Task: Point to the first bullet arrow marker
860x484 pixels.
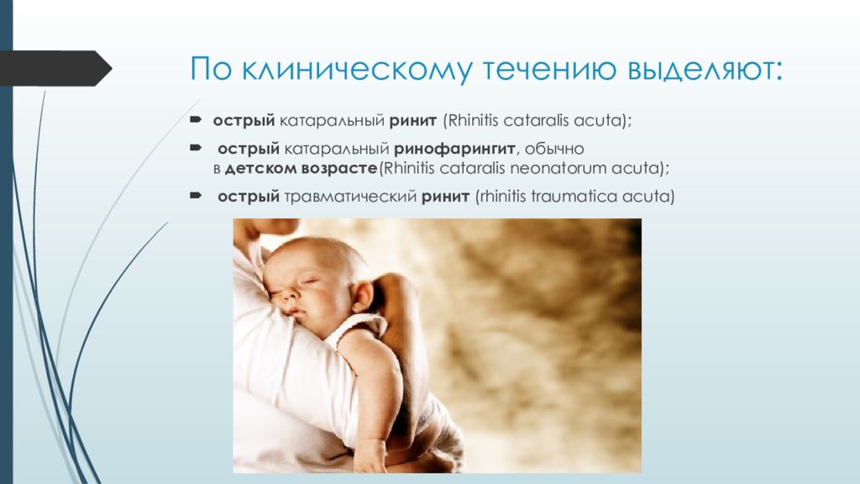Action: [196, 118]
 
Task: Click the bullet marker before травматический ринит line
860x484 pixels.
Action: [196, 195]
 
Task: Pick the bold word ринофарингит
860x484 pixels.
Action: [454, 149]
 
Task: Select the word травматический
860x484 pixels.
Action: [350, 197]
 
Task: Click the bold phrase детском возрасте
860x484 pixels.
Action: [302, 168]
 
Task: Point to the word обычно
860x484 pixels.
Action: [554, 149]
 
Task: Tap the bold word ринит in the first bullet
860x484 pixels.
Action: [413, 121]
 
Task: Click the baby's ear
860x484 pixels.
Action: [363, 295]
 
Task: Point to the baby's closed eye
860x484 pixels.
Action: [309, 281]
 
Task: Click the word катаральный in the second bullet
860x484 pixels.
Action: [337, 150]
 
